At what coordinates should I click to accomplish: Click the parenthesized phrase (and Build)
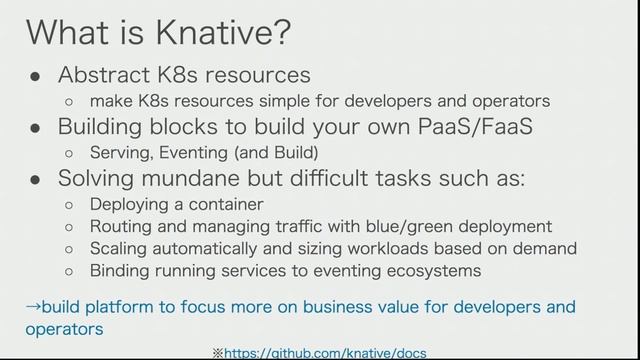pos(276,153)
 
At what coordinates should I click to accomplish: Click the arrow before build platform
pos(32,307)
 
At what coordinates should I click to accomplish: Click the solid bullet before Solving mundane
pos(34,180)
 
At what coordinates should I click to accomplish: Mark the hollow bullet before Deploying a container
pos(68,205)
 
